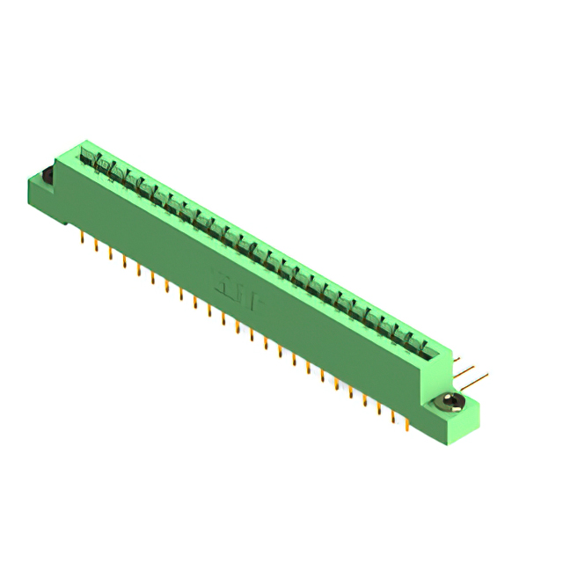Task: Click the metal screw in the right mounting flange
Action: pos(451,402)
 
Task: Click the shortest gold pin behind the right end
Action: pos(458,360)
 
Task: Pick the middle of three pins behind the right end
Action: pos(472,369)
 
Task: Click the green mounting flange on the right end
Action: pos(457,413)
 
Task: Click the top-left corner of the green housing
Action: pos(57,156)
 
